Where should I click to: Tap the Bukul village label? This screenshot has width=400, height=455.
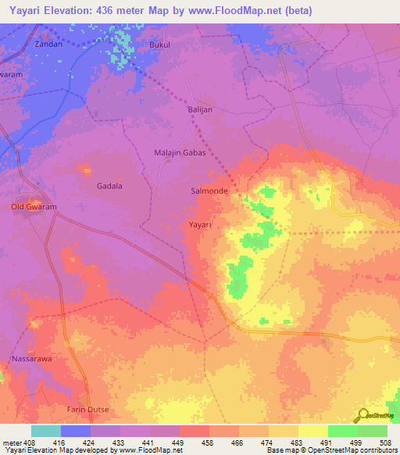pos(160,45)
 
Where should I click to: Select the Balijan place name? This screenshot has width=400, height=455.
pos(200,110)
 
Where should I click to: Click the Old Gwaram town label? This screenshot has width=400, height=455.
pos(34,207)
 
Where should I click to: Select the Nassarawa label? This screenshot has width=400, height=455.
pos(31,359)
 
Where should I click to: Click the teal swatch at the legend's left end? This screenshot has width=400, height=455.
pos(46,431)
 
